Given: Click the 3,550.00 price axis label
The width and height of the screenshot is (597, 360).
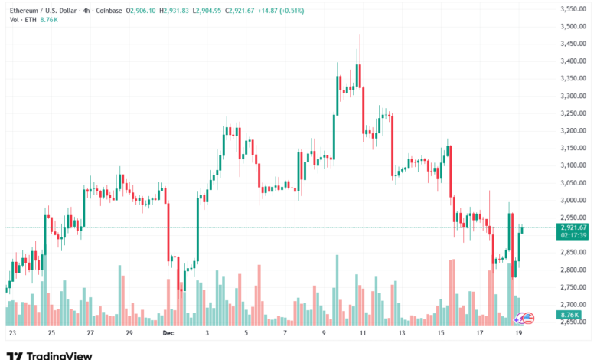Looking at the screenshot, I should click(573, 9).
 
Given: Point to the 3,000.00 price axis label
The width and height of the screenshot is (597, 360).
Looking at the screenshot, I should click(573, 200).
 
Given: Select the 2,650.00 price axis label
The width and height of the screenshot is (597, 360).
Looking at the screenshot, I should click(573, 322).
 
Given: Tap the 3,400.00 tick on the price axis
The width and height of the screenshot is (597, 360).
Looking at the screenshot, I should click(573, 61).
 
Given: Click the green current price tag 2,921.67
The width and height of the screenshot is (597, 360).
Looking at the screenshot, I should click(573, 227).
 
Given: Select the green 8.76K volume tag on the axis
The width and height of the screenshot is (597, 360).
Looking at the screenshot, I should click(570, 315).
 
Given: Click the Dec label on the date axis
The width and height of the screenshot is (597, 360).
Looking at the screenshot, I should click(168, 334).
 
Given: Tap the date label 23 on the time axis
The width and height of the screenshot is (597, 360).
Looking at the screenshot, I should click(12, 334).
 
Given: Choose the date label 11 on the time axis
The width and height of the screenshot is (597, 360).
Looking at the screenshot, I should click(363, 334).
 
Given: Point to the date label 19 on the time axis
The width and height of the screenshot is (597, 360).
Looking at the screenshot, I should click(519, 334).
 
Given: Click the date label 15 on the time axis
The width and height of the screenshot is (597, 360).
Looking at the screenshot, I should click(441, 334).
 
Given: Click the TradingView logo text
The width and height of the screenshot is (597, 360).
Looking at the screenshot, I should click(60, 355).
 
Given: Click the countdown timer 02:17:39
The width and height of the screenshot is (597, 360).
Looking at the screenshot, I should click(573, 235).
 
